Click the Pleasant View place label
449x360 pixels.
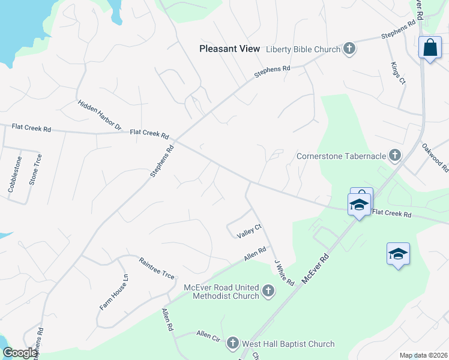tap(230, 49)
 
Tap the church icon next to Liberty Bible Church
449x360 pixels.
tap(349, 49)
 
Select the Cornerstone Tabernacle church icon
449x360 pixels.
tap(395, 156)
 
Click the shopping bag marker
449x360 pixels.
tap(430, 48)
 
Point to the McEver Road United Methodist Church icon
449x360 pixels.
tap(268, 292)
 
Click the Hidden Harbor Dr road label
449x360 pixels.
tap(100, 116)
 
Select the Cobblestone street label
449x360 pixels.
tap(14, 174)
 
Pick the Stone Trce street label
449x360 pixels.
tap(36, 169)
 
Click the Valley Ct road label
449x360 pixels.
tap(250, 231)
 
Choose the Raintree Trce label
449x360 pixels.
tap(157, 268)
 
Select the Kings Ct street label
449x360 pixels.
tap(398, 74)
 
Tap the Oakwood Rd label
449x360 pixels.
tap(435, 157)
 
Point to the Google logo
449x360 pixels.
tap(20, 353)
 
